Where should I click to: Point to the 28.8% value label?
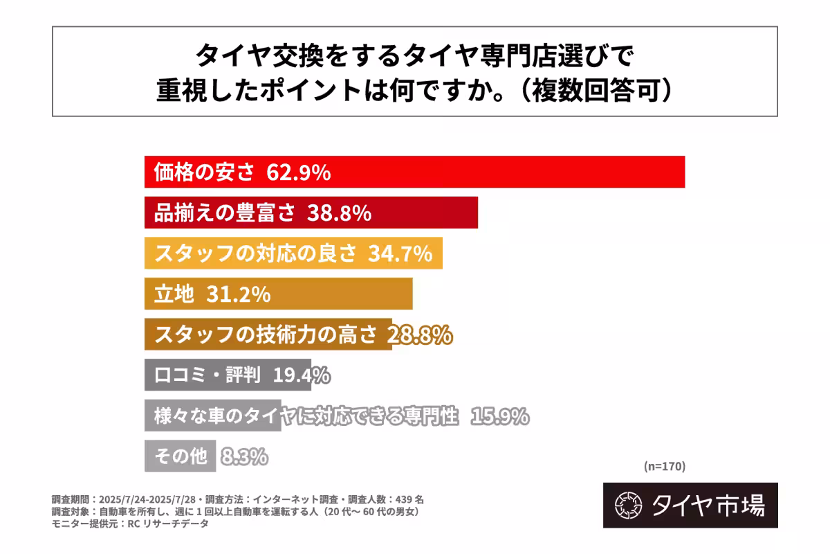(x=420, y=334)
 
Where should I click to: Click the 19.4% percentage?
(x=301, y=375)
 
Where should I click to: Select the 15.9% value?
(x=500, y=416)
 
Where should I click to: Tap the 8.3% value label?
(x=244, y=456)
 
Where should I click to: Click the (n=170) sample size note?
(x=664, y=466)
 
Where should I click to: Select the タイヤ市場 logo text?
(x=708, y=505)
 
